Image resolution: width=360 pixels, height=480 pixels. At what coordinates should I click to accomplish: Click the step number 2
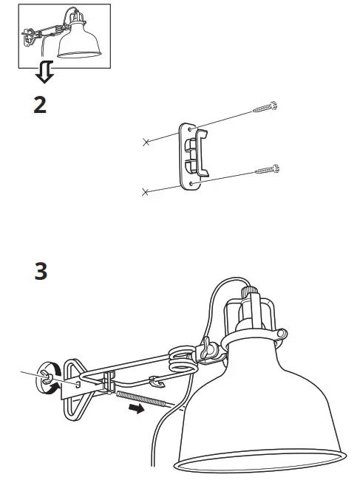(40, 105)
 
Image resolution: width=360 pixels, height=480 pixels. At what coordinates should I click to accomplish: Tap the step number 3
(41, 271)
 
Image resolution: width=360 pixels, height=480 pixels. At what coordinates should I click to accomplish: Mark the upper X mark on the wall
(146, 141)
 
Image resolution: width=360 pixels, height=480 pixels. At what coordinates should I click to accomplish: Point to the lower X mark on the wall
(146, 192)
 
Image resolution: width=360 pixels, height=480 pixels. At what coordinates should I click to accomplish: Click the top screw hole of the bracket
(190, 129)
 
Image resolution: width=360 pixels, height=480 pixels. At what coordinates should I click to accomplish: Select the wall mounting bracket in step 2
(191, 155)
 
